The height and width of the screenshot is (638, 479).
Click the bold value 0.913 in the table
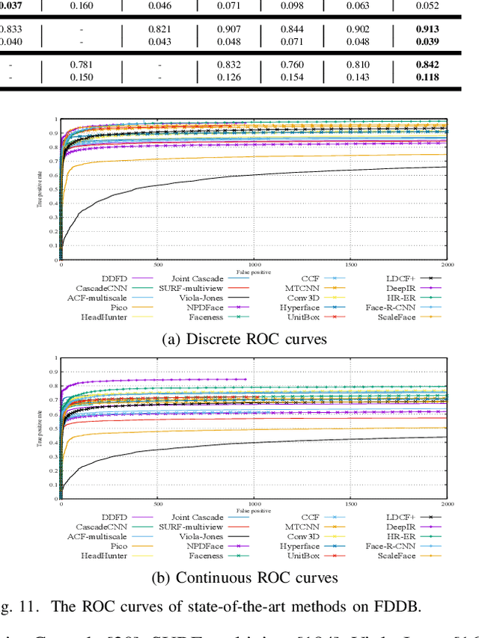point(427,29)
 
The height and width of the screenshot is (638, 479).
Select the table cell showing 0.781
point(82,64)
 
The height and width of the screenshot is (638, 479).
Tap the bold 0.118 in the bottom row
point(427,76)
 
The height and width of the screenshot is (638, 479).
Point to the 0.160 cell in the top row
point(82,6)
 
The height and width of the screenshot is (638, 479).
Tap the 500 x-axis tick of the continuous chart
point(158,503)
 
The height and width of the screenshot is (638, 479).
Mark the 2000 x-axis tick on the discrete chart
point(448,265)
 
